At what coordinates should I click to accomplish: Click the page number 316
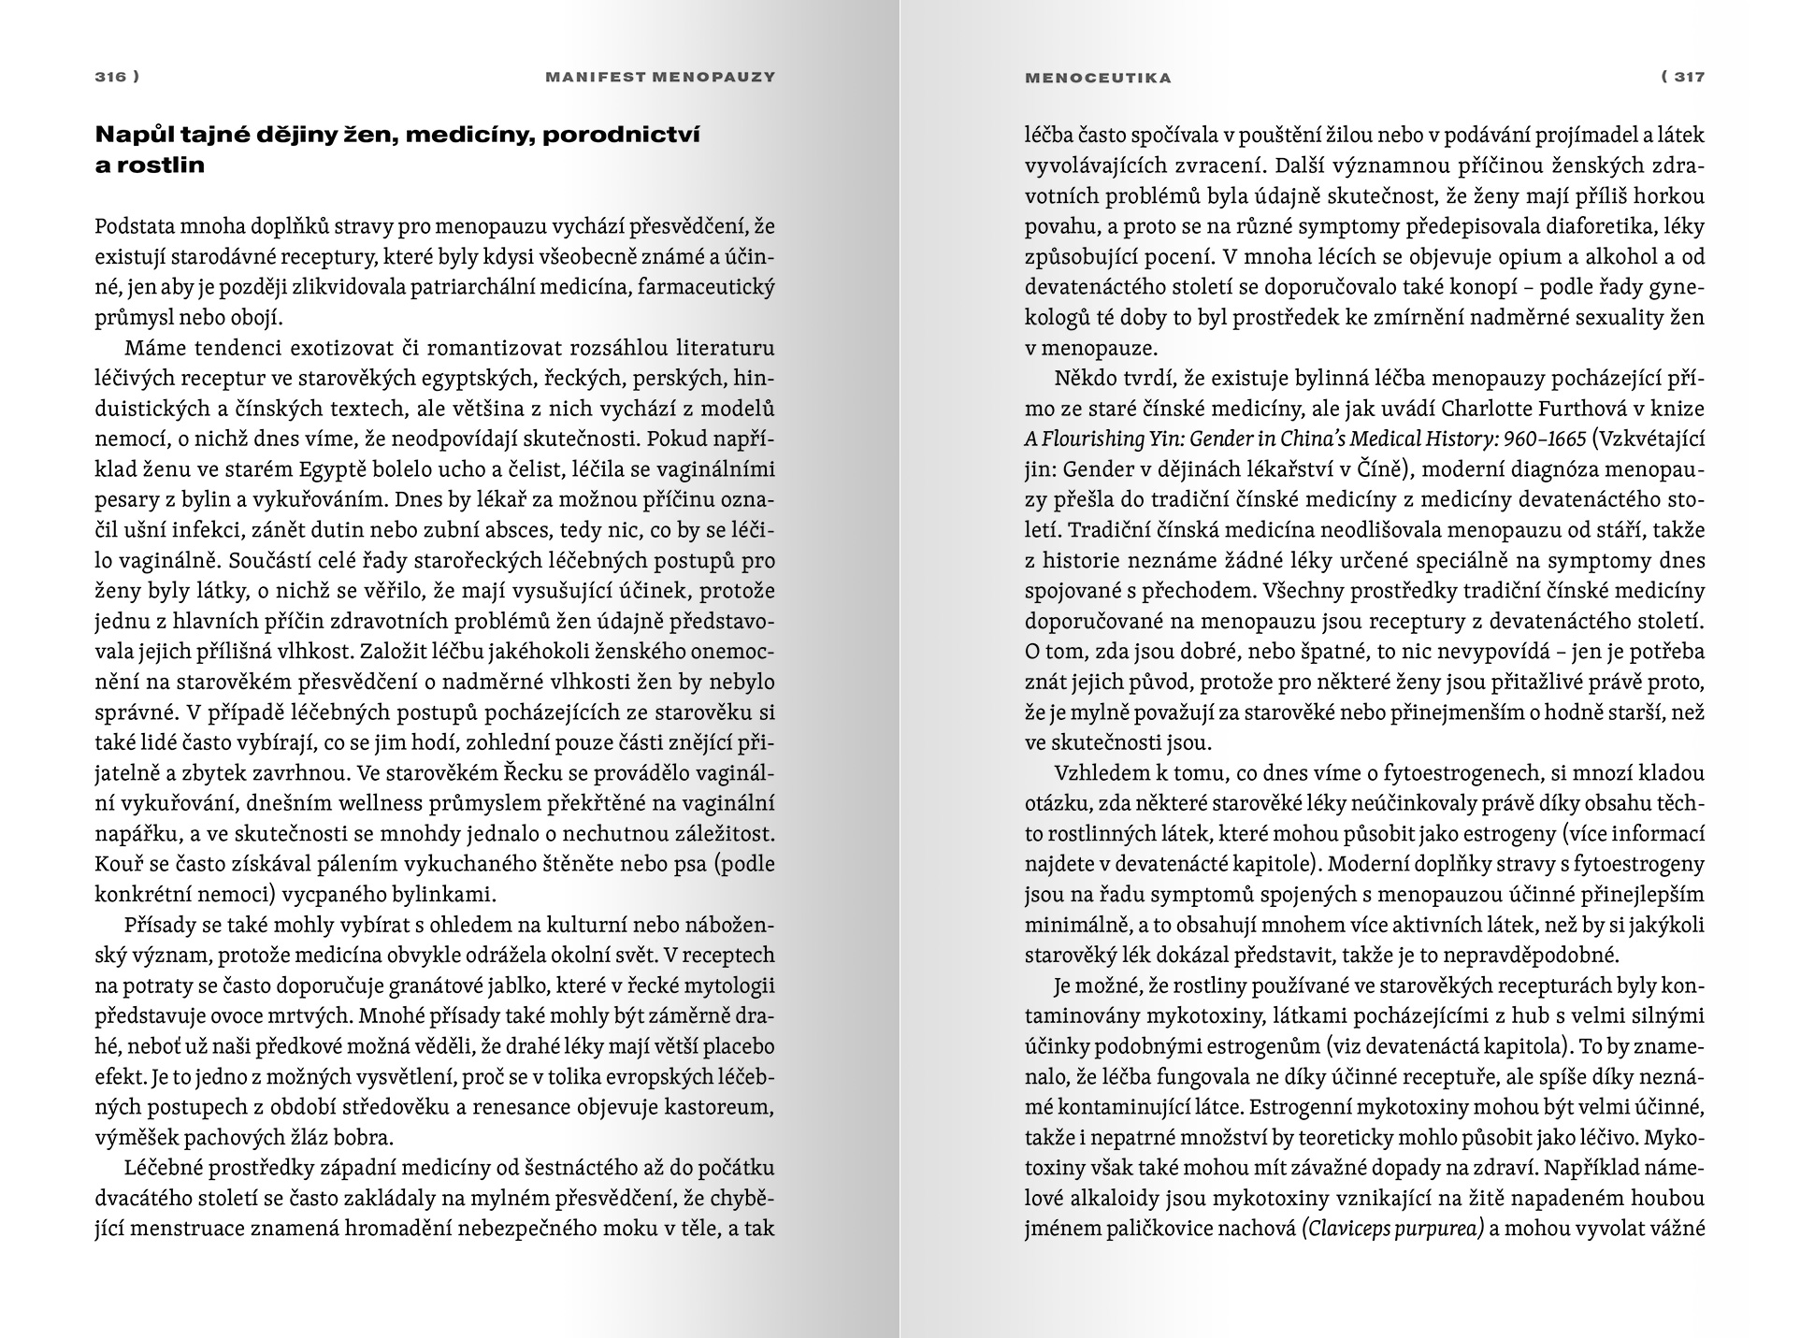[x=110, y=77]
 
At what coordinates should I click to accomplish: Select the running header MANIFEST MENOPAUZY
[x=660, y=77]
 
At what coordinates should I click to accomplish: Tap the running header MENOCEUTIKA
[x=1098, y=78]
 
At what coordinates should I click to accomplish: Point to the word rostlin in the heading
[x=160, y=165]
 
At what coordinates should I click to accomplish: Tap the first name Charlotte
[x=1486, y=409]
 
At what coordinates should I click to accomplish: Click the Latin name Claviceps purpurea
[x=1393, y=1229]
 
